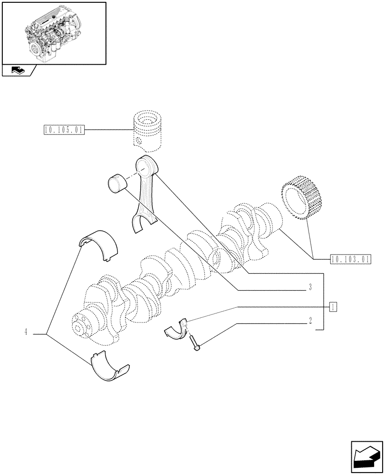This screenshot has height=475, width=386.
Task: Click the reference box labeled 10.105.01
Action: coord(63,130)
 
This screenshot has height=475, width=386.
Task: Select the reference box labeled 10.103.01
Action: coord(349,259)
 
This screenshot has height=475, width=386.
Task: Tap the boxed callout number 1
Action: coord(333,306)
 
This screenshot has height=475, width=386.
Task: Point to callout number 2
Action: coord(310,321)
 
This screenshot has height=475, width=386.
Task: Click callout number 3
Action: coord(309,287)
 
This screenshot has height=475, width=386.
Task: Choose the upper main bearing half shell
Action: coord(98,244)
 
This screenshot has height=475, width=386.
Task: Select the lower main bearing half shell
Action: coord(110,366)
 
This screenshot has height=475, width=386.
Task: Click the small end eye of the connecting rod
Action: coord(145,166)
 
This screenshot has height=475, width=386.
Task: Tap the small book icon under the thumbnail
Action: coord(18,71)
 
